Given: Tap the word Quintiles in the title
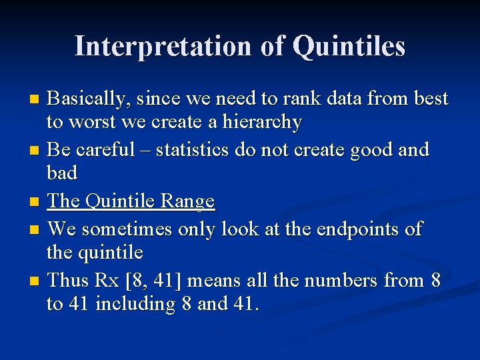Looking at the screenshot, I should tap(349, 47).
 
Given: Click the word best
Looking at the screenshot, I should tap(431, 99).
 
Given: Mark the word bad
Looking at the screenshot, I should tap(62, 173).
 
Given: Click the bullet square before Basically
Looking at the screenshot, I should tap(37, 100).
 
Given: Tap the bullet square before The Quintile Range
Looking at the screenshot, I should tap(37, 202).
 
